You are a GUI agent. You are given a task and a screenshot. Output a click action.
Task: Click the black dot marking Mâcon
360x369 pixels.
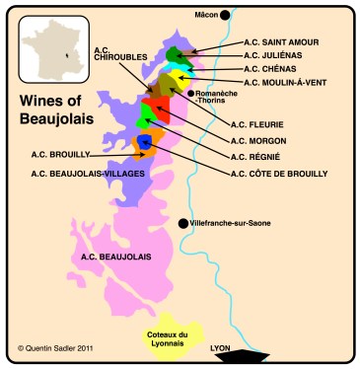coord(225,15)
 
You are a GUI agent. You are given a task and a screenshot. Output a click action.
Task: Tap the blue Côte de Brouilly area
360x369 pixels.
coord(145,143)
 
